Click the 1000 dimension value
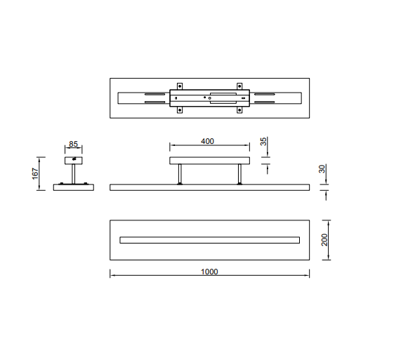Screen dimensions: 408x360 [209, 272]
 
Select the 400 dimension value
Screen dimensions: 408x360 [207, 141]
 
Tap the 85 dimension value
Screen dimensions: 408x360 [73, 144]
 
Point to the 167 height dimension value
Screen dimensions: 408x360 [35, 173]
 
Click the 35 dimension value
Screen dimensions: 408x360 [263, 142]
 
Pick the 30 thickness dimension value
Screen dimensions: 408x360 [322, 169]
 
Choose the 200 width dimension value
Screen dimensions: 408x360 [324, 239]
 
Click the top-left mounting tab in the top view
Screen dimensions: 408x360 [180, 86]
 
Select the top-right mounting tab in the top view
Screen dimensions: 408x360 [239, 86]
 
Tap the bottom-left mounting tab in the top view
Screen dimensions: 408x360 [180, 109]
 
